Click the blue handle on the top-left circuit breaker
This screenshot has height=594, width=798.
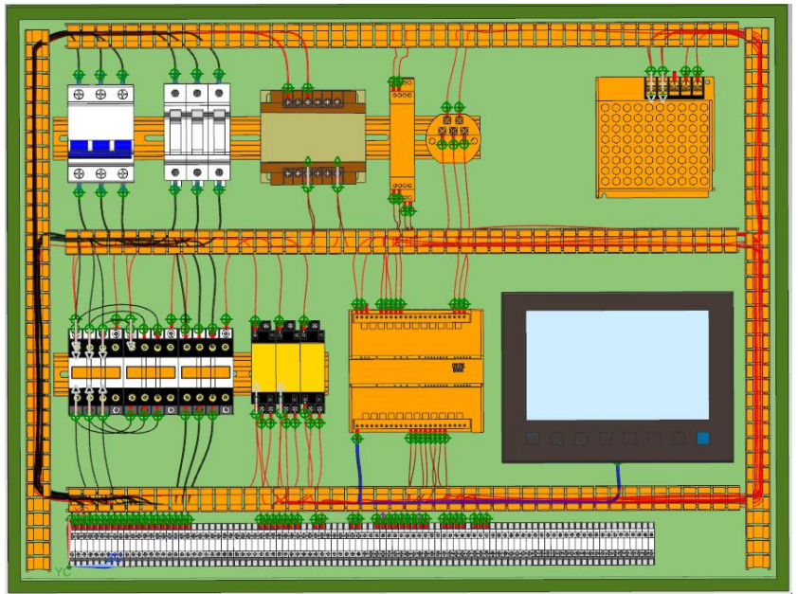coord(100,148)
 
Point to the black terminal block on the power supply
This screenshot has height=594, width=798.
coord(677,86)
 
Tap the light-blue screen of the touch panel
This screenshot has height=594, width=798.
coord(617,365)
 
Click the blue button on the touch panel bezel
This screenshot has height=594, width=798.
coord(702,439)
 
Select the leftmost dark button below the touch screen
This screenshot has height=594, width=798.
coord(533,439)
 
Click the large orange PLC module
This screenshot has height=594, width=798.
coord(415,369)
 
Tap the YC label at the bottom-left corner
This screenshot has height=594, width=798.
coord(63,571)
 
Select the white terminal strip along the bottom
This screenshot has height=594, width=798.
coord(360,546)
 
